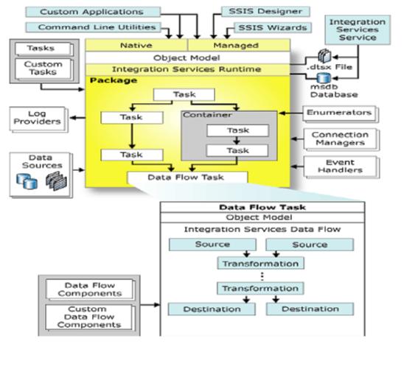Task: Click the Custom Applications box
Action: click(x=93, y=12)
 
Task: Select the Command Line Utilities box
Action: click(x=94, y=27)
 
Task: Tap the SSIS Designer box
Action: click(x=265, y=12)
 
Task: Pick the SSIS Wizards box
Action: click(x=273, y=28)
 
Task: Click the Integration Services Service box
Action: click(x=358, y=30)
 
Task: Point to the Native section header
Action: click(x=136, y=46)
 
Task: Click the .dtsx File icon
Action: click(x=324, y=56)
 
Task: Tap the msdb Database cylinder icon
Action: click(x=324, y=78)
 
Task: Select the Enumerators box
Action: click(x=339, y=113)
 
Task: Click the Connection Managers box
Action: click(x=340, y=138)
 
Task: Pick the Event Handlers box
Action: click(x=341, y=166)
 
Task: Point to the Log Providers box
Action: click(x=38, y=119)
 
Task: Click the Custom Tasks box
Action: click(x=43, y=68)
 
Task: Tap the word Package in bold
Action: click(x=114, y=80)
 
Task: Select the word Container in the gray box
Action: click(x=207, y=115)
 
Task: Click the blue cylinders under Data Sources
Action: click(x=27, y=181)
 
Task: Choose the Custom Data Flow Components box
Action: click(x=89, y=317)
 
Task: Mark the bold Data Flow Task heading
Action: click(x=262, y=208)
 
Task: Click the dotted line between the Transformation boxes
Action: click(x=262, y=276)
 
